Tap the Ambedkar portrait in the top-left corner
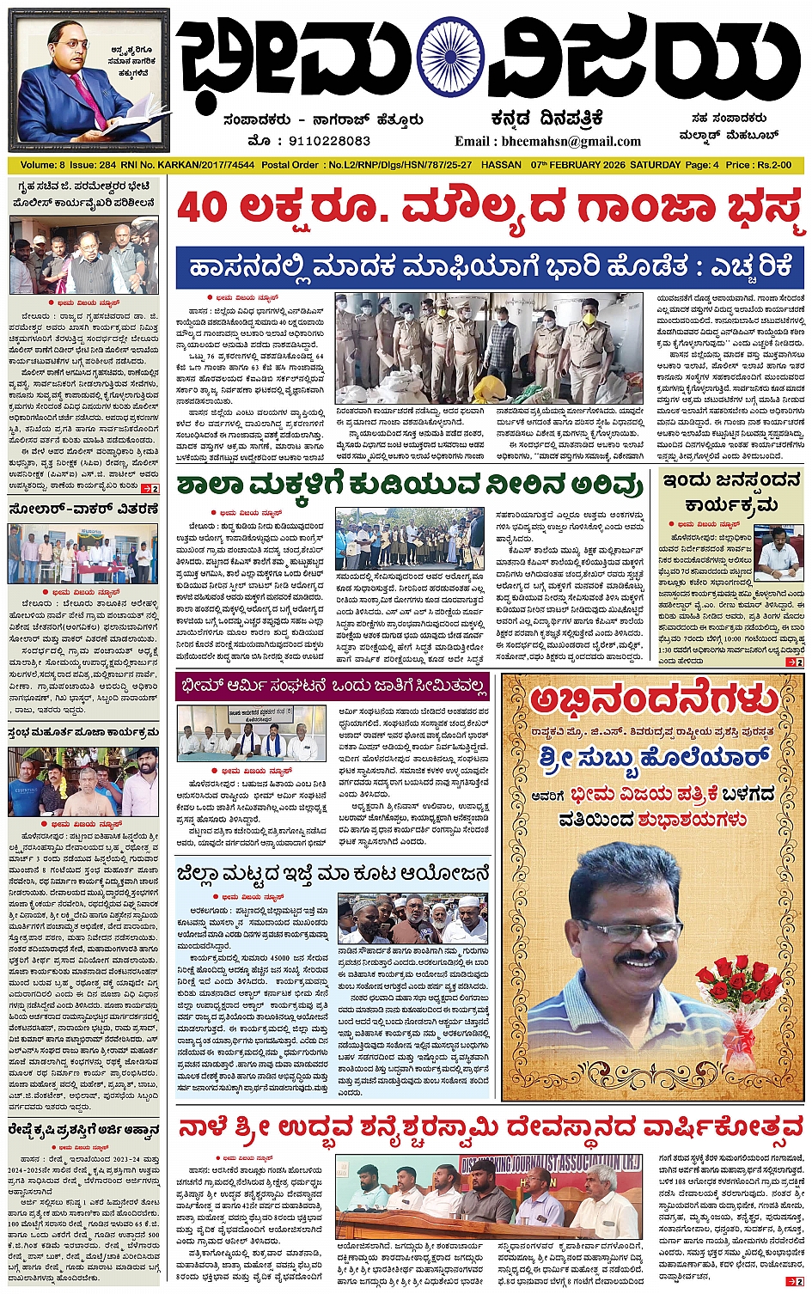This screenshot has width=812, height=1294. point(89,80)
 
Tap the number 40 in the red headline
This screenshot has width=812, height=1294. point(205,210)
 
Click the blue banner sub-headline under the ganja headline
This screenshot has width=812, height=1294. point(489,267)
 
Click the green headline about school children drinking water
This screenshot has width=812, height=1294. point(411,485)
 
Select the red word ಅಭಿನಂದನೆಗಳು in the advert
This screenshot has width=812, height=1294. point(654,701)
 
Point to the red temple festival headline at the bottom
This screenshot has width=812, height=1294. point(489,1129)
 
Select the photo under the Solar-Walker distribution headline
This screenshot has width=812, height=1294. point(83,553)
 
